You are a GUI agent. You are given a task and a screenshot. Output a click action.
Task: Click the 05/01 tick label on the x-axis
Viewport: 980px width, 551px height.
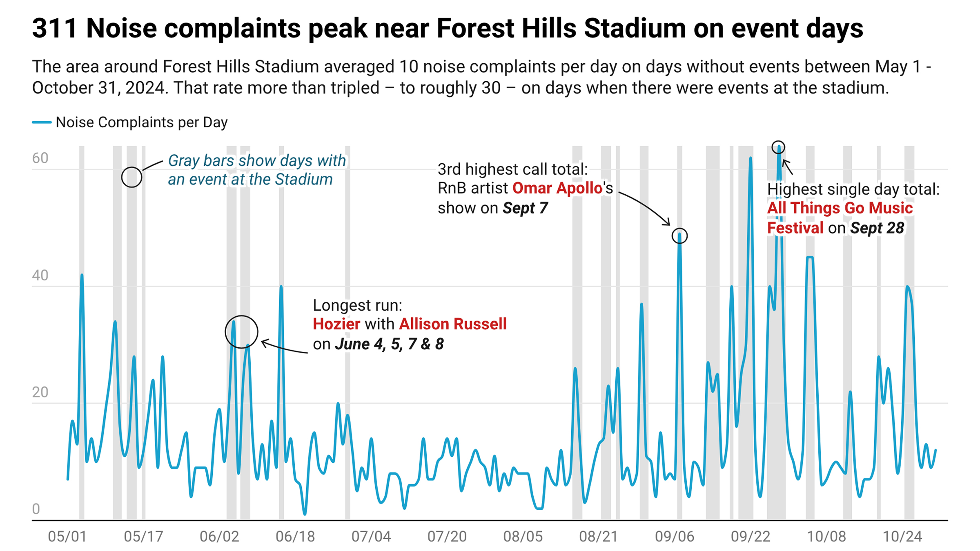coord(67,536)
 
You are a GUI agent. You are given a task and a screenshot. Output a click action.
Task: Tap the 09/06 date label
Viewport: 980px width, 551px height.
coord(675,536)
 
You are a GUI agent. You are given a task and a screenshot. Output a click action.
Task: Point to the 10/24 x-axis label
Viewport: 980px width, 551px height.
coord(902,536)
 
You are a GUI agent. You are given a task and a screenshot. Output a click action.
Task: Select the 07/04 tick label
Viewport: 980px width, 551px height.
coord(371,536)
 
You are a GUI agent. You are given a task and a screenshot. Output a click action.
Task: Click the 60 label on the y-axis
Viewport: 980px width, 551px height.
coord(40,158)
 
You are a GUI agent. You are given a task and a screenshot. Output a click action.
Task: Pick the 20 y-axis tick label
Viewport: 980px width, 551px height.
coord(40,392)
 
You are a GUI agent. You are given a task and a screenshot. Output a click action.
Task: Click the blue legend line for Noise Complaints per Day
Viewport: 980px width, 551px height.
coord(42,122)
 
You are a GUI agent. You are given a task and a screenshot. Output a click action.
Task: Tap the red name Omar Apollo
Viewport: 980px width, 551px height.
coord(557,188)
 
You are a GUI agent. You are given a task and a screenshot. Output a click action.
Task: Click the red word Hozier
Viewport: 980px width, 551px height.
coord(336,324)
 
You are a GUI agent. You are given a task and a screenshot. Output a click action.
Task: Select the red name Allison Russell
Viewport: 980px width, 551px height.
coord(452,324)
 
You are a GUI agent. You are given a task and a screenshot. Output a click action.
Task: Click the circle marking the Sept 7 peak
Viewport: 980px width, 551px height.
coord(679,236)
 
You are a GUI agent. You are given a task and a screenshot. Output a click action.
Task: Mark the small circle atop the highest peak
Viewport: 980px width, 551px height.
coord(778,147)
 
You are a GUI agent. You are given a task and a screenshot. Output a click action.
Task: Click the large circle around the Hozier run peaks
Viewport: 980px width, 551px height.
coord(242,332)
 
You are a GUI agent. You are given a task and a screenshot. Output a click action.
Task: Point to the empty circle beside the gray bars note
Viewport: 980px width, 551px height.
coord(131,177)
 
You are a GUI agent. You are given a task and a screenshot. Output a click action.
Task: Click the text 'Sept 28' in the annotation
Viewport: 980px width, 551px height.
coord(877,228)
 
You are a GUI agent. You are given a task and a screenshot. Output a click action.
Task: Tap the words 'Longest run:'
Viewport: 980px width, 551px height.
coord(357,305)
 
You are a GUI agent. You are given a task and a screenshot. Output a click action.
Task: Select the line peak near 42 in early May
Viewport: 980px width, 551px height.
coord(82,275)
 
